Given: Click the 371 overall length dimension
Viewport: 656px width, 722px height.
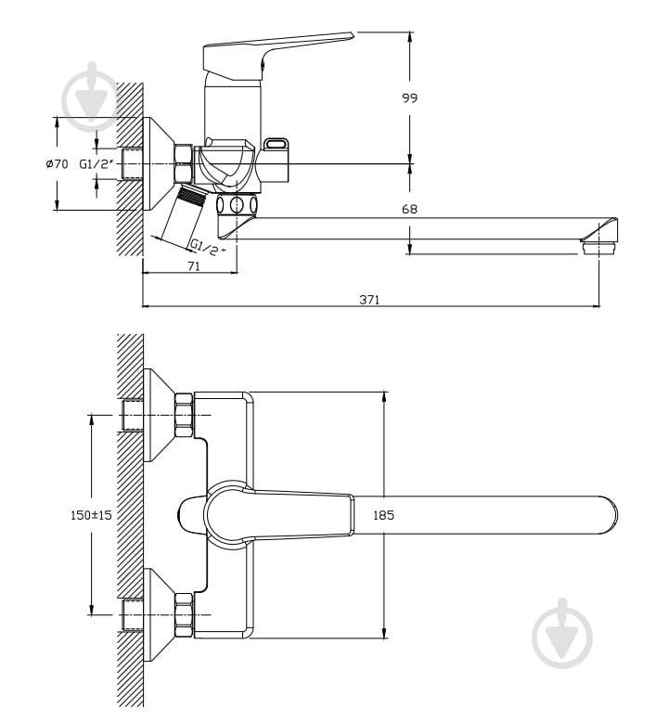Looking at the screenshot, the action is coord(369,300).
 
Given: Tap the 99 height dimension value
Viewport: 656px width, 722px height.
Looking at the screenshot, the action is coord(409,98).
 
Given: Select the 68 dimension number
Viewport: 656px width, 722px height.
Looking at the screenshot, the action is coord(409,209).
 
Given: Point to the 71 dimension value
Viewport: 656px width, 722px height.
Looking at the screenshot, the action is coord(194,266).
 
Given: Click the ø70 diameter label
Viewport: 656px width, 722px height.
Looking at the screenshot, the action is coord(58,164).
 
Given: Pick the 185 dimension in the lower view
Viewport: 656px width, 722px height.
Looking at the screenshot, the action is coord(383,515).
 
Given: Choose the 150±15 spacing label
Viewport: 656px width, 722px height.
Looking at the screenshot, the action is coord(91,515).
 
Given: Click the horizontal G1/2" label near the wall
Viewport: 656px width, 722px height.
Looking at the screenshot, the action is coord(96,164).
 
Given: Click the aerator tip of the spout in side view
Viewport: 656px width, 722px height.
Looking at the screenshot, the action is coord(599,249).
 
